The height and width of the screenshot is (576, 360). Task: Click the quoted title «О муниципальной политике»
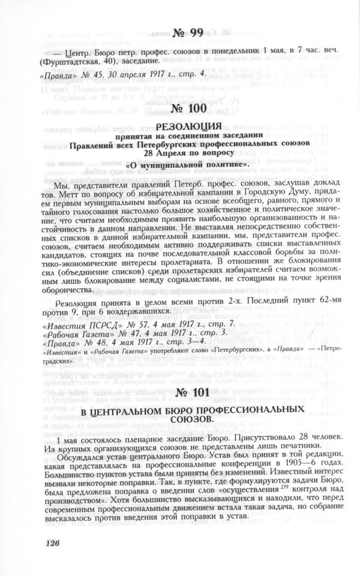pyautogui.click(x=180, y=164)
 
